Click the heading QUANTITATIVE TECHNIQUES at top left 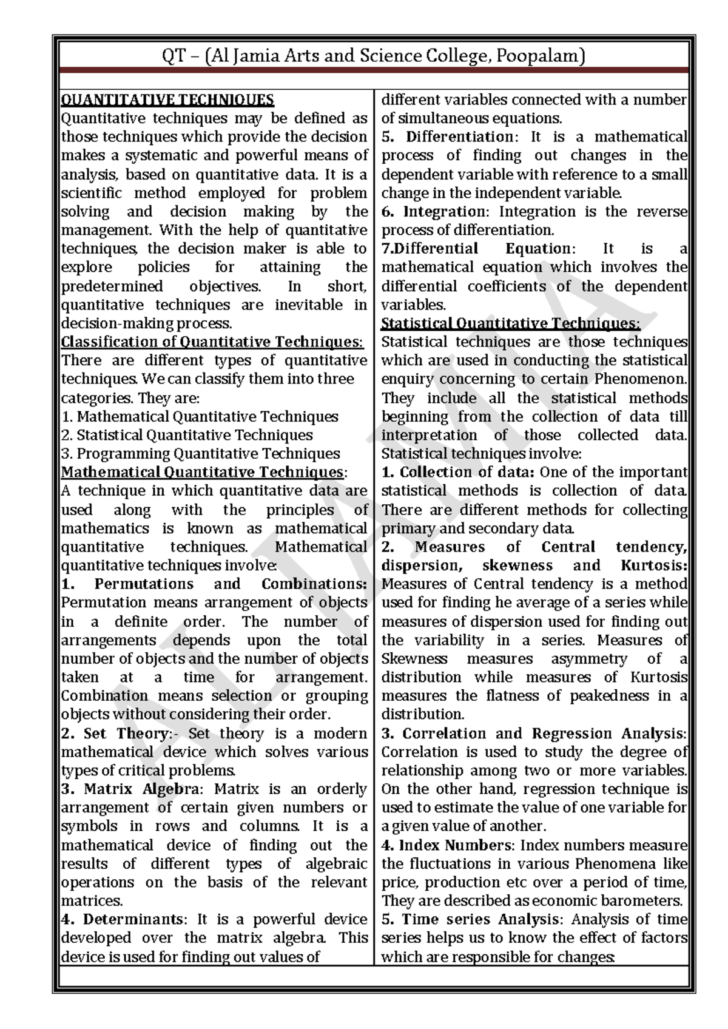167,100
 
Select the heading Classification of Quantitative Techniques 212,342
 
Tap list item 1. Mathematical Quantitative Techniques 200,416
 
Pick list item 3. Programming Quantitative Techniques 200,453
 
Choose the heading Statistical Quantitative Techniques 510,323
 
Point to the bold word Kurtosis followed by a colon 653,565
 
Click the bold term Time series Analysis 482,919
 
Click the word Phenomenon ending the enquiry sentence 640,379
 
